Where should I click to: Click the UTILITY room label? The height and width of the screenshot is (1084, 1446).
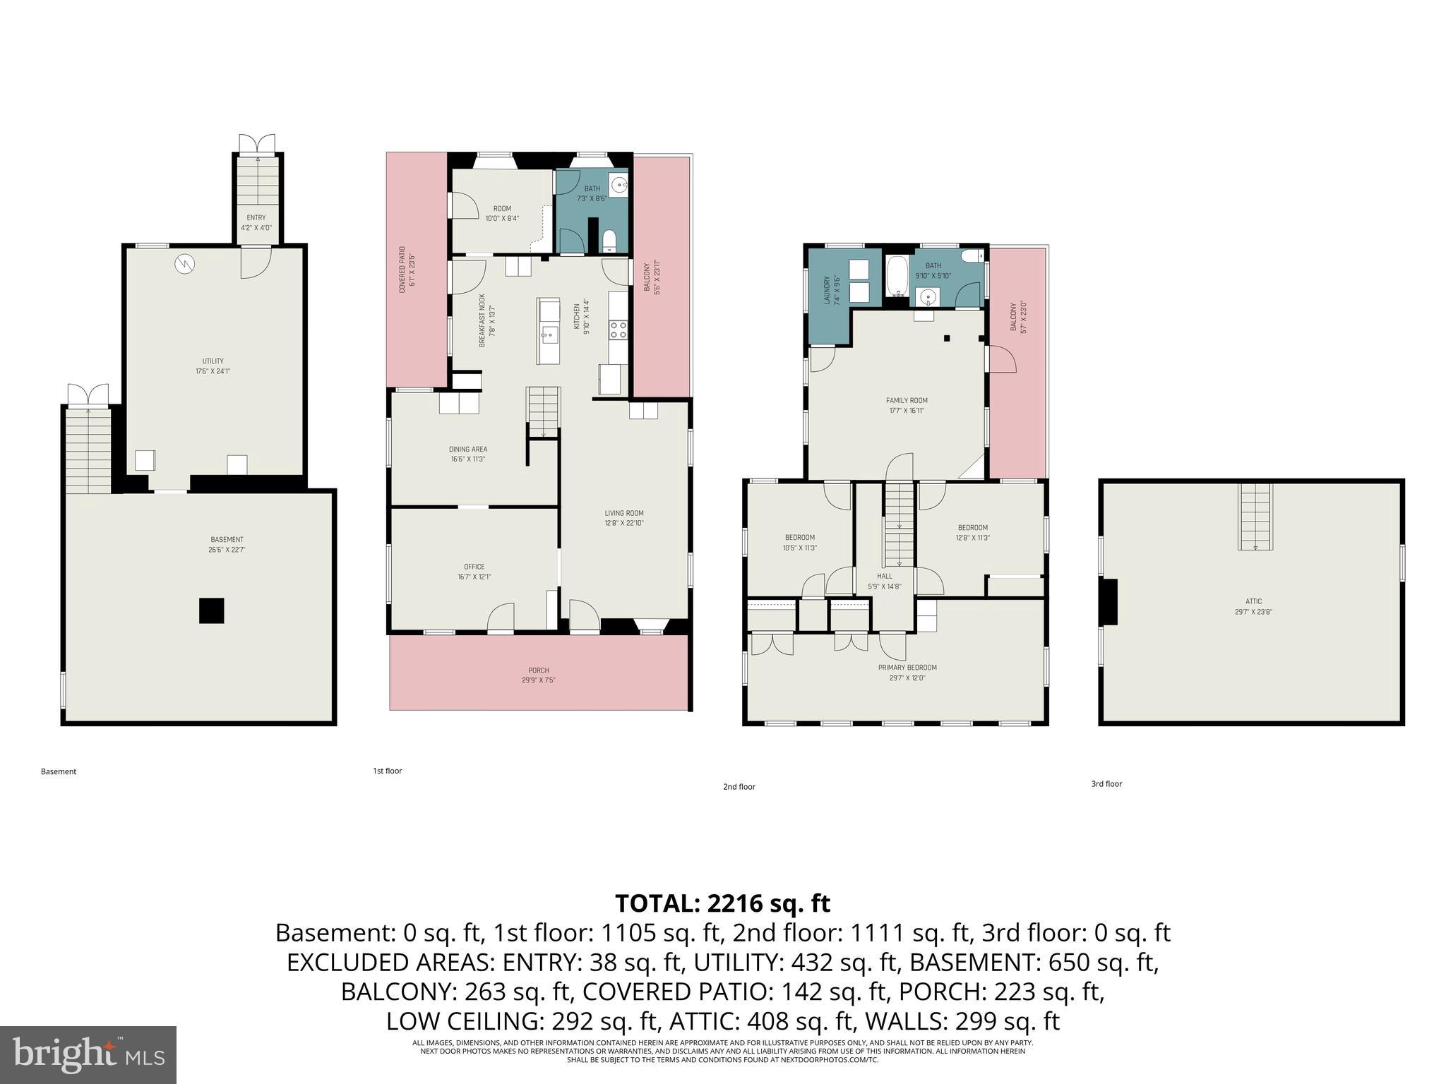pyautogui.click(x=213, y=361)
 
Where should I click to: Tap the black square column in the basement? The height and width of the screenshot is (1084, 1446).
pyautogui.click(x=211, y=610)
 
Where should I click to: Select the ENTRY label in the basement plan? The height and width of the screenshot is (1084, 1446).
pyautogui.click(x=256, y=218)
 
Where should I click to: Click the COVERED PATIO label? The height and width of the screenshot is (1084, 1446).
pyautogui.click(x=402, y=270)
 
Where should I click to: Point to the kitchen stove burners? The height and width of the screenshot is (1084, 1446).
pyautogui.click(x=618, y=330)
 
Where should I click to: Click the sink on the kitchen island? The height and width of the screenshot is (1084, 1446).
pyautogui.click(x=548, y=333)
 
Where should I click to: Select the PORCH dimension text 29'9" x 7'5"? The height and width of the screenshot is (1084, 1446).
pyautogui.click(x=538, y=680)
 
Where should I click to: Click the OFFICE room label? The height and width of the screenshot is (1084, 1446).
pyautogui.click(x=474, y=567)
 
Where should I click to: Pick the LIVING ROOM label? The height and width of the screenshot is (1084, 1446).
pyautogui.click(x=623, y=513)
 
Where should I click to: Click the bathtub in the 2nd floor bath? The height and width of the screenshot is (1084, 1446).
pyautogui.click(x=898, y=277)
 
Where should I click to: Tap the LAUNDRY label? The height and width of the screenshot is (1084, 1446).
pyautogui.click(x=827, y=290)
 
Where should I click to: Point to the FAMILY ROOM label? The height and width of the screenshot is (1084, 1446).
pyautogui.click(x=907, y=400)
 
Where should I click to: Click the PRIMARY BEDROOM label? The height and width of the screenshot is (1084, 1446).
pyautogui.click(x=907, y=668)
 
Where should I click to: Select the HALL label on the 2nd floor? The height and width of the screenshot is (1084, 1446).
pyautogui.click(x=884, y=576)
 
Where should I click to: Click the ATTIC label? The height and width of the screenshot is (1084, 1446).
pyautogui.click(x=1253, y=601)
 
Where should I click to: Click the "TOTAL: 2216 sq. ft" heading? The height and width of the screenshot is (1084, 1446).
pyautogui.click(x=722, y=903)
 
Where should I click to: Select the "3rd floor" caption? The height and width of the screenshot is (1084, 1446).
pyautogui.click(x=1106, y=783)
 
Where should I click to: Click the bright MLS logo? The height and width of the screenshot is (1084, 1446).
pyautogui.click(x=88, y=1054)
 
